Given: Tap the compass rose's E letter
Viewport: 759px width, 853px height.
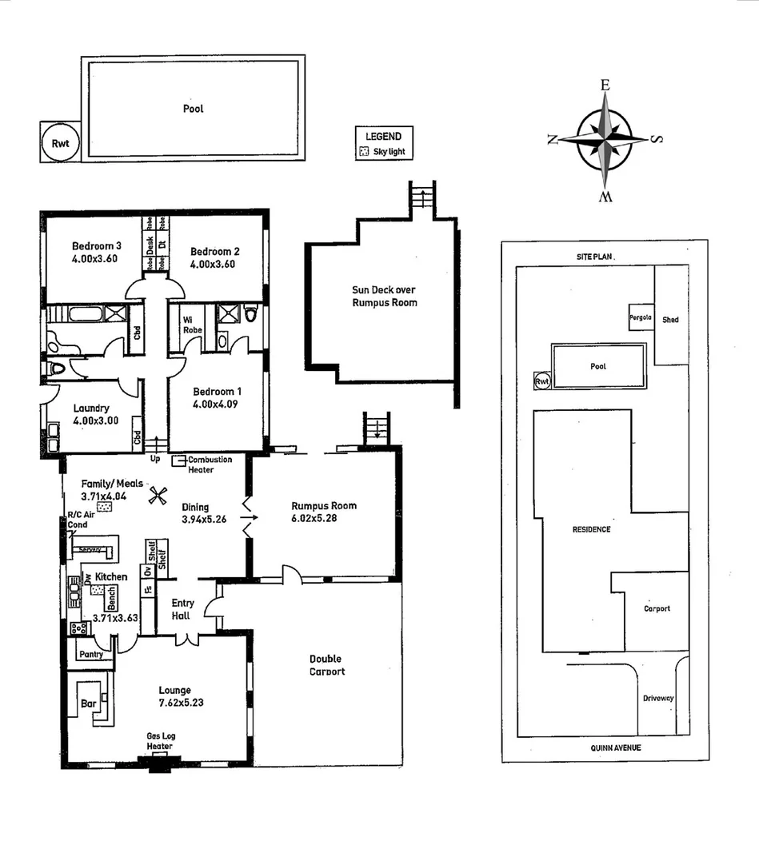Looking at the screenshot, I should [x=605, y=85].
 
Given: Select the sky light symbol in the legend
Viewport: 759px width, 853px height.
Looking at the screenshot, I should [x=364, y=151].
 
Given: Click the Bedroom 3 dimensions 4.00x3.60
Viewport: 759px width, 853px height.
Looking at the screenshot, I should [x=95, y=258].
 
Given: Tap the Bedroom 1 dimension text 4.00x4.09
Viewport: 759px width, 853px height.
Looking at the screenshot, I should [x=214, y=404].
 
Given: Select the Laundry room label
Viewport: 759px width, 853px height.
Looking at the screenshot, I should [x=90, y=408].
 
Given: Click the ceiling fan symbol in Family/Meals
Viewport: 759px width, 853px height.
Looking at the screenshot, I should [x=156, y=496].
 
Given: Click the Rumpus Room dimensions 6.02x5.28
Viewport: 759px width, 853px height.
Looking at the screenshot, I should [x=324, y=518].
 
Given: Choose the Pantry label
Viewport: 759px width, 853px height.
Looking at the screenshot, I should [x=90, y=654].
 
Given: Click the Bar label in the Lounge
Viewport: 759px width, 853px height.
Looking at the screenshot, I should [x=89, y=704].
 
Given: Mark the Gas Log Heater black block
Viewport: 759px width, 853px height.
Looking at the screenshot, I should [x=160, y=763].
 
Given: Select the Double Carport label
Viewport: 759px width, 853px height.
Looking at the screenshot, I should [x=327, y=665].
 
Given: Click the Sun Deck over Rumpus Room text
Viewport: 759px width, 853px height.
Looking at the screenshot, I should [x=384, y=296].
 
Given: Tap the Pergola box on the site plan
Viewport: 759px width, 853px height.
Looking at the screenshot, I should [x=641, y=317].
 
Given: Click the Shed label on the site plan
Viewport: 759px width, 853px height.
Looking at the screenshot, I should [x=670, y=320].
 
